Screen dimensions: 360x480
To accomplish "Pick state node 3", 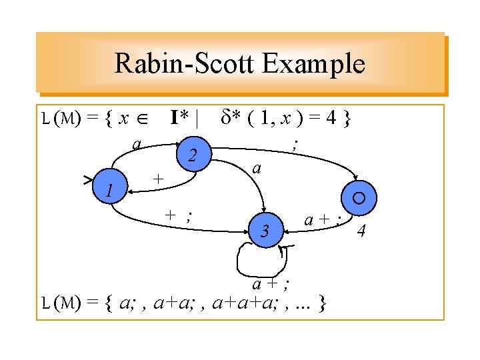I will (x=265, y=231).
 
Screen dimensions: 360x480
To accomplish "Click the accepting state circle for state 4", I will (x=359, y=197).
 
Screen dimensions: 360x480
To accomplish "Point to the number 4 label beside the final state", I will (x=361, y=231).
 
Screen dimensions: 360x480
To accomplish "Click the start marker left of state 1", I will (x=88, y=179).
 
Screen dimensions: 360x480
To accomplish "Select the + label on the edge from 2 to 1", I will (x=157, y=179).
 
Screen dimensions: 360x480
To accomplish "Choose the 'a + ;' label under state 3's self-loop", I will (x=270, y=284).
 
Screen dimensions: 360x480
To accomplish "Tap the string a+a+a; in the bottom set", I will (x=242, y=305).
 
